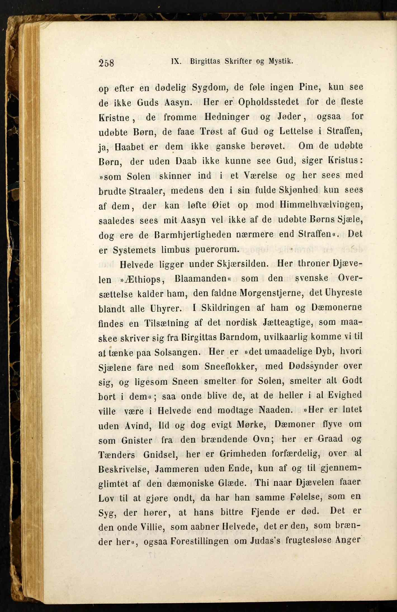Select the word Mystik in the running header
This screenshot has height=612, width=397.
pos(281,61)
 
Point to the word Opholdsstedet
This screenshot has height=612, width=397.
pos(268,102)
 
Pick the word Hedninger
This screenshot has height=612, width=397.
pos(227,117)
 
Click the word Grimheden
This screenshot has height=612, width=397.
pos(243,453)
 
